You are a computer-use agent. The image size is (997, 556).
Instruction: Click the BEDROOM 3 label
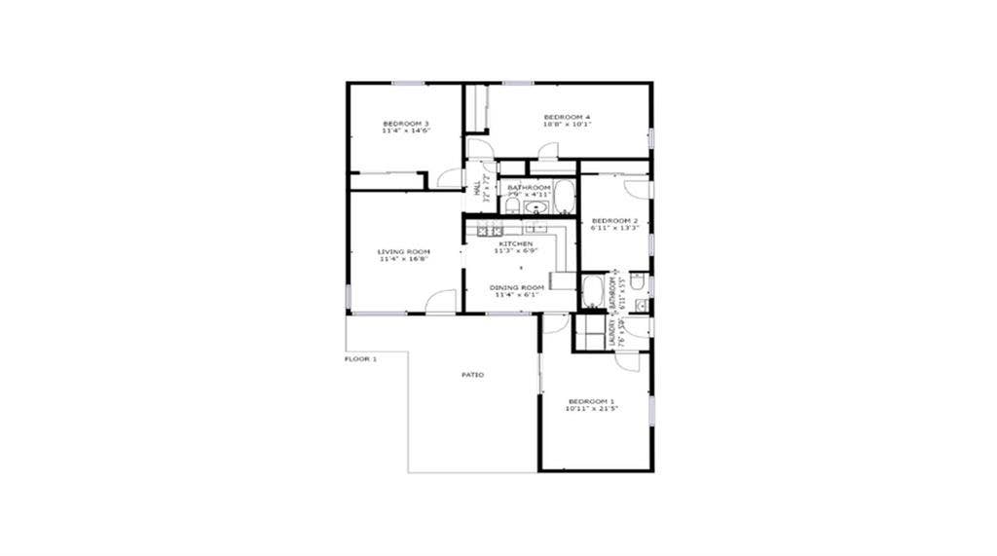406,124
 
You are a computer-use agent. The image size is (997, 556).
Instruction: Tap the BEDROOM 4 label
567,118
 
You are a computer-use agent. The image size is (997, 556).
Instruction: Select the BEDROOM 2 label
614,221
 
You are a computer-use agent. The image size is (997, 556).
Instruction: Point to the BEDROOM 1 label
592,401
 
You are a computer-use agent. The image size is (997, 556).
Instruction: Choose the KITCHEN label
516,243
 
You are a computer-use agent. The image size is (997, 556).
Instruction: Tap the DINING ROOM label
516,287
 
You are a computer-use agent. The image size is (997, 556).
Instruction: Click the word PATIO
472,375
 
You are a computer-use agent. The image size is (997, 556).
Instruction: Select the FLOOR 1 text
360,359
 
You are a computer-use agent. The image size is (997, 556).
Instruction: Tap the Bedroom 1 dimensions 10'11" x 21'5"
592,410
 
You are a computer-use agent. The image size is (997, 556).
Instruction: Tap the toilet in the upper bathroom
512,204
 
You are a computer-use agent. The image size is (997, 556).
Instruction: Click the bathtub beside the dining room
592,291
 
